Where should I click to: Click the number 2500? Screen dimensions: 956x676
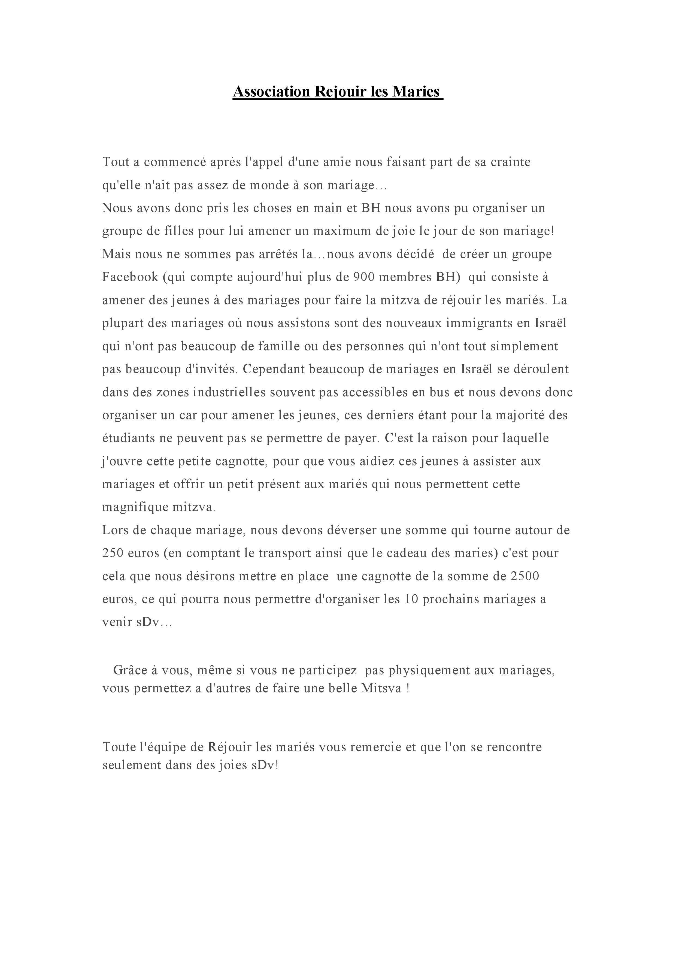pyautogui.click(x=524, y=576)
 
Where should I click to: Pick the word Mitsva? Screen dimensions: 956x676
pyautogui.click(x=381, y=688)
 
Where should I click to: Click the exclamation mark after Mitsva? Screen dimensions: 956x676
pyautogui.click(x=408, y=688)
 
